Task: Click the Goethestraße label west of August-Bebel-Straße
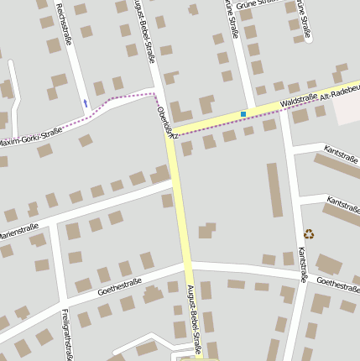(118, 287)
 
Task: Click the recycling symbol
(309, 234)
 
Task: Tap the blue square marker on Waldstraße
(243, 113)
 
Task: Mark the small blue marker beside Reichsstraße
(85, 103)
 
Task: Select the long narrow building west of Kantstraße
(274, 190)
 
